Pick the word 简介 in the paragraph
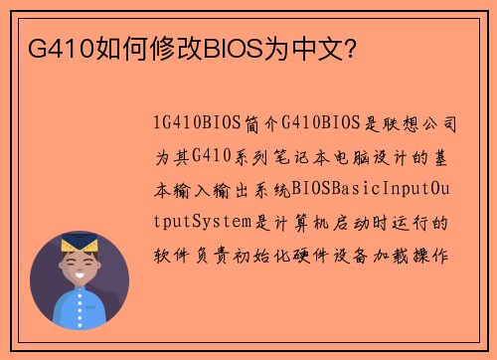260,125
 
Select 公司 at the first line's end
440,125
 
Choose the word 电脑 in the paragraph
361,157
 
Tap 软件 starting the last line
167,254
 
